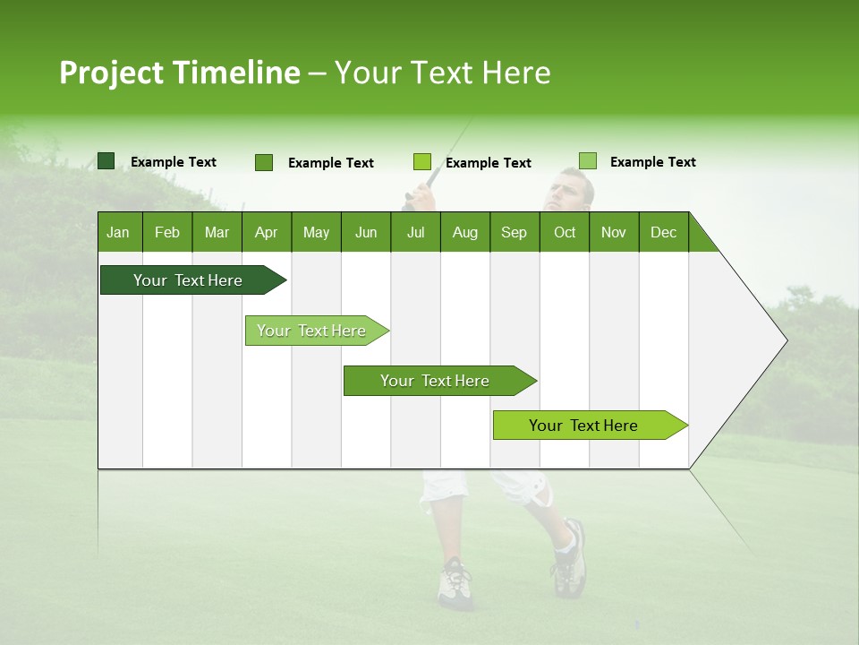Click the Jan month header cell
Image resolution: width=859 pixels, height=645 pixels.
coord(118,232)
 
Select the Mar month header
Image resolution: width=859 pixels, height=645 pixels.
coord(217,232)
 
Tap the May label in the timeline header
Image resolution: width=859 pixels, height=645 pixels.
coord(316,232)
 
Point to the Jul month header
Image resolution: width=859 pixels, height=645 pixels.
coord(415,232)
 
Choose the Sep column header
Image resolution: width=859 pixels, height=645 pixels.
coord(514,232)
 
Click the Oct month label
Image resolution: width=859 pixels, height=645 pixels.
coord(565,232)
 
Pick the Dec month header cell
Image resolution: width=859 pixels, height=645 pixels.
coord(663,232)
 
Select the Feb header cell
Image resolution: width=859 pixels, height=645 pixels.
coord(167,232)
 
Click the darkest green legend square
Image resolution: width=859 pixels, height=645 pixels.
coord(106,161)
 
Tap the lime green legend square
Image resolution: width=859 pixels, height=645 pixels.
coord(422,162)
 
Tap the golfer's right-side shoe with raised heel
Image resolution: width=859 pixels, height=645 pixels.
coord(569,560)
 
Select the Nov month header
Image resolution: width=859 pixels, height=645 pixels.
coord(614,232)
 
